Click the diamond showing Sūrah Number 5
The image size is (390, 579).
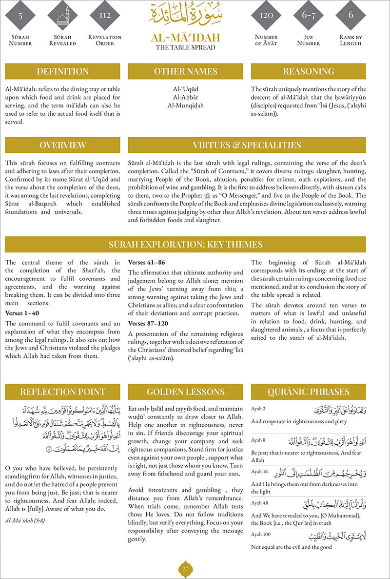coord(20,16)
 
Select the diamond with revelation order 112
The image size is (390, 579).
coord(104,16)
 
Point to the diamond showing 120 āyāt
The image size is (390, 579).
coord(266,16)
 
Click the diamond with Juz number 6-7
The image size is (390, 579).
coord(309,16)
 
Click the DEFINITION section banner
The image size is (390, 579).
coord(63,71)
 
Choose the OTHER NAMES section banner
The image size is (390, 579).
coord(186,71)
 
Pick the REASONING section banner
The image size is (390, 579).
coord(308,71)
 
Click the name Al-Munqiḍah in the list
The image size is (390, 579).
coord(185,105)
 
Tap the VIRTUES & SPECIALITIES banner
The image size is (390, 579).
coord(247,145)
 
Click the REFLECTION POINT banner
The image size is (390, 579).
coord(63,392)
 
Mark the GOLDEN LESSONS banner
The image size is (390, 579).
coord(186,392)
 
